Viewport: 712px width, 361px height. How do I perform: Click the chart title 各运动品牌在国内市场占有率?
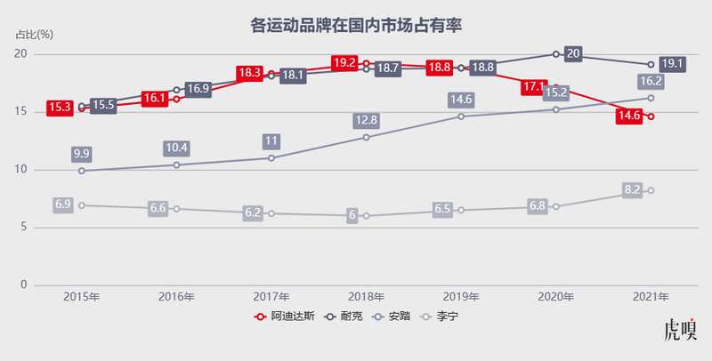click(356, 25)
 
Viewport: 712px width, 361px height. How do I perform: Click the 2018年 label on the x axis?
click(366, 297)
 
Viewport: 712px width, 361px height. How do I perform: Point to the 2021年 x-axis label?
click(651, 297)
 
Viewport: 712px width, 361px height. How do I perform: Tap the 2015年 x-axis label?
click(81, 297)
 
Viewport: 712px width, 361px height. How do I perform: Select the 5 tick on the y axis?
click(25, 228)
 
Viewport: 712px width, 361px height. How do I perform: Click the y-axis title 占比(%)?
click(35, 35)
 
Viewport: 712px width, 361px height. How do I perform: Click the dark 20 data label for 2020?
click(573, 54)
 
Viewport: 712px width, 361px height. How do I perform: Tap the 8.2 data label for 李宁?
click(632, 190)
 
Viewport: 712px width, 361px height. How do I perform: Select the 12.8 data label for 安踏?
click(366, 120)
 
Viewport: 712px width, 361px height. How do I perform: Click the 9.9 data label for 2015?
click(82, 154)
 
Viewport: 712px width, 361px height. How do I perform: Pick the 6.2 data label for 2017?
click(253, 213)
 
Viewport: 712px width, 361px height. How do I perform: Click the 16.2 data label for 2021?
click(651, 82)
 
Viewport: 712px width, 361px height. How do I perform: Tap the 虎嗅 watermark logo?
click(681, 332)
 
